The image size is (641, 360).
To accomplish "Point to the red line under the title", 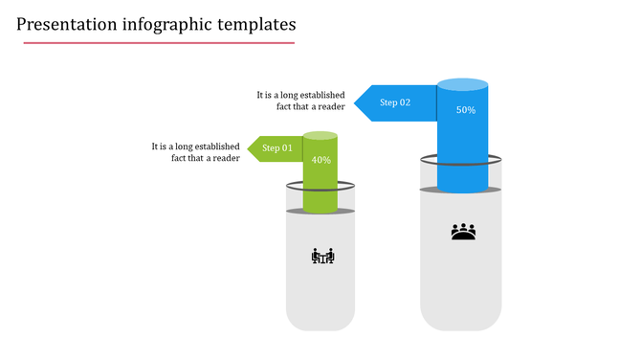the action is coord(156,43).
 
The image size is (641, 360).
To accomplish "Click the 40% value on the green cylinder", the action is coord(321,160).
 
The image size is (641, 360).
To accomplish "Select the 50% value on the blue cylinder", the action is coord(466,110).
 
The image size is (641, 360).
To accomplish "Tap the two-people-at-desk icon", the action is coord(323,256).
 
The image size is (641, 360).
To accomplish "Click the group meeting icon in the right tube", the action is coord(463,232).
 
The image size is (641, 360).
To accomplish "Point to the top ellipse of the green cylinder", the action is coord(320,136).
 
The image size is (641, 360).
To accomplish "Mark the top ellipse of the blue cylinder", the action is coord(462,84).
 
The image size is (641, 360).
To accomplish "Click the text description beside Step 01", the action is coord(195,152).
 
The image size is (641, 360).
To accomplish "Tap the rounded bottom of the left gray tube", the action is coord(320,321).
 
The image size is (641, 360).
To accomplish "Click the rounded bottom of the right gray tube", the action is coord(461,321).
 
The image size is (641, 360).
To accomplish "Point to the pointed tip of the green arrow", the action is coord(250,148).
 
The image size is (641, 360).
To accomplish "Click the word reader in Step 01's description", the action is coord(226,158).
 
